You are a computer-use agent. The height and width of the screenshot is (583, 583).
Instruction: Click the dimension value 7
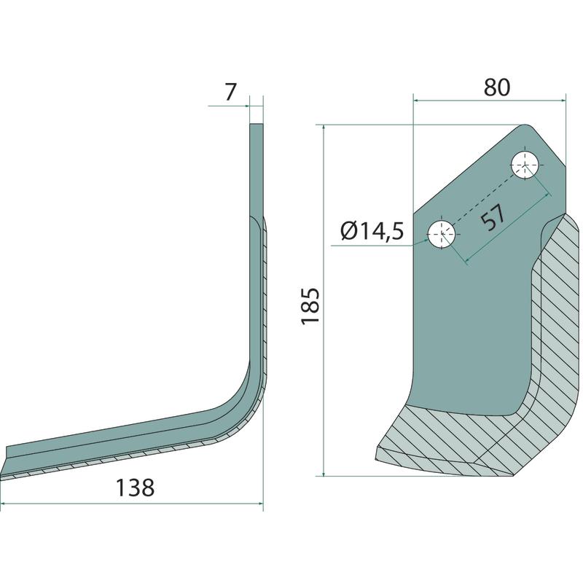230,93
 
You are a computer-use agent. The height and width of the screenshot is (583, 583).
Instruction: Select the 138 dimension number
135,488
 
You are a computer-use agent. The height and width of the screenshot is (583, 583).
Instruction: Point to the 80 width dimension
497,87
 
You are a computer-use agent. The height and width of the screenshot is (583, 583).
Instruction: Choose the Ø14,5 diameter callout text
372,232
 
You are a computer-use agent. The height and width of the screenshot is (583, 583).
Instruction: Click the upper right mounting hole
525,165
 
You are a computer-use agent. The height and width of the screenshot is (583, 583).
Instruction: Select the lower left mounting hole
442,234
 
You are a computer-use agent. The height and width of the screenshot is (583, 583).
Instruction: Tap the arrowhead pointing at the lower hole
424,242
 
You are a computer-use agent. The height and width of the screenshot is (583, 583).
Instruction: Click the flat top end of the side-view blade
257,125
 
